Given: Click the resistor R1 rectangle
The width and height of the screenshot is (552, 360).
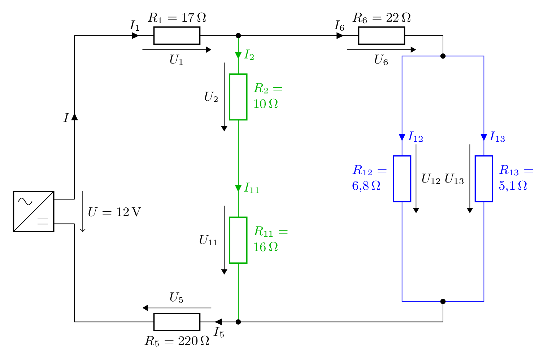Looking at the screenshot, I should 177,36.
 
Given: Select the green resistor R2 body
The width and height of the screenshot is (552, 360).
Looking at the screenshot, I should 238,97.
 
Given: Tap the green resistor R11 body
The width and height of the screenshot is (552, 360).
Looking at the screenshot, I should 238,240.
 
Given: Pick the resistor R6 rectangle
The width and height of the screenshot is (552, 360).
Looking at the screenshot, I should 382,36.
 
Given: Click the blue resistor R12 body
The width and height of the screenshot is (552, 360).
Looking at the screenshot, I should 402,179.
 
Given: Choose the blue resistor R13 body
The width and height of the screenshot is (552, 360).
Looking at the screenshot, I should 484,179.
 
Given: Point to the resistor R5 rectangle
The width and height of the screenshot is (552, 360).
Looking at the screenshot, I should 177,322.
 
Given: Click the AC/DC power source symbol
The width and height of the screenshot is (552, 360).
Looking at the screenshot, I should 34,211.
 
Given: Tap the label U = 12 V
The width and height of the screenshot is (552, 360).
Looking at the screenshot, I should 114,212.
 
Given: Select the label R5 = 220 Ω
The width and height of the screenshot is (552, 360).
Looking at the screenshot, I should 177,341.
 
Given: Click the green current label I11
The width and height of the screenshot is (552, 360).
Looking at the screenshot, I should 252,188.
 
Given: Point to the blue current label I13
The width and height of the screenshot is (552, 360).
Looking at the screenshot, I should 497,137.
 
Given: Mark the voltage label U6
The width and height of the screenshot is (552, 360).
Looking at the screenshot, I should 381,60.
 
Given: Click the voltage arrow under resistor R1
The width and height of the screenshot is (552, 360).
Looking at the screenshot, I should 177,50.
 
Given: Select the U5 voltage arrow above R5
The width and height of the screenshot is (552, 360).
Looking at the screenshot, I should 177,308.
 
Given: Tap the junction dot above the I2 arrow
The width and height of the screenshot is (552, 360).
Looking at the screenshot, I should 238,36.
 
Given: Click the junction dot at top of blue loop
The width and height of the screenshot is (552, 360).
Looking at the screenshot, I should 443,56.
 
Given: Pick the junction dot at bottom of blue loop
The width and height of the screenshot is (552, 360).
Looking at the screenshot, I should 443,301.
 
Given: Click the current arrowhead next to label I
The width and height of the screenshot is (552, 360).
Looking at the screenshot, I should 75,117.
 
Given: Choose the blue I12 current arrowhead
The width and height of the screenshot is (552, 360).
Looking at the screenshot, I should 402,137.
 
